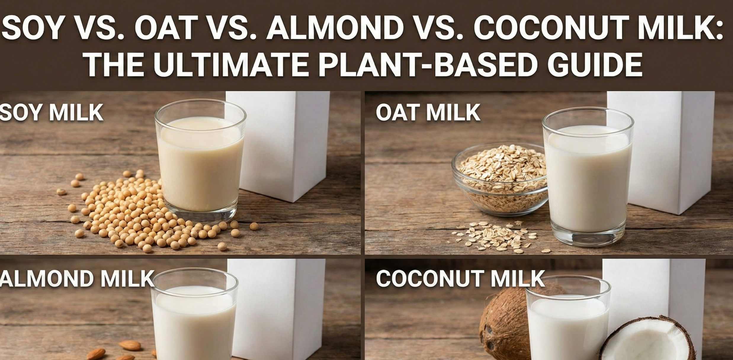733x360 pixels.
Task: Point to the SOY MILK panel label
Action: (51, 112)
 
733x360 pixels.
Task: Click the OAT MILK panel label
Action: (428, 112)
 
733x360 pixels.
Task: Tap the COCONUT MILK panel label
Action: (460, 279)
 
